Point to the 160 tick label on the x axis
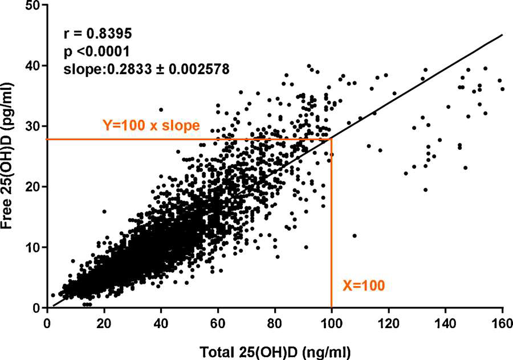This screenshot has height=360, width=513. point(502,322)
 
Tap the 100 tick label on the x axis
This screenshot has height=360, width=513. point(331,322)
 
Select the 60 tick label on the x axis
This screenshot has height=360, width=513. point(218,322)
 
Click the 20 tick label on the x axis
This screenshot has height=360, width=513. point(104,322)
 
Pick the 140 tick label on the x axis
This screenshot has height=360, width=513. point(445,322)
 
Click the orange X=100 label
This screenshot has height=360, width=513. point(364,285)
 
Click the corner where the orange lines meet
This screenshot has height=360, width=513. point(331,139)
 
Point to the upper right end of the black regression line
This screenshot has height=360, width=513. point(502,35)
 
